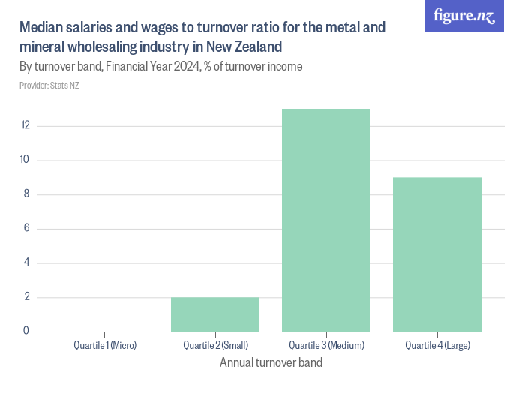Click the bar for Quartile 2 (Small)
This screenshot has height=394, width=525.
tap(215, 314)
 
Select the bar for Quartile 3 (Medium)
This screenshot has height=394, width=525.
tap(326, 220)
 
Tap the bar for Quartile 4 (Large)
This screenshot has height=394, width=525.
tap(437, 254)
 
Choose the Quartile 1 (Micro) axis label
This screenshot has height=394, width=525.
tap(104, 346)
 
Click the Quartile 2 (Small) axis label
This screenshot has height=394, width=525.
tap(215, 346)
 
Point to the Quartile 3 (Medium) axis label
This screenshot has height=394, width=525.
tap(326, 346)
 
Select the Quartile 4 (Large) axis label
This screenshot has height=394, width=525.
tap(437, 346)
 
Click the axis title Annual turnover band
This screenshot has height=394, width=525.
tap(271, 363)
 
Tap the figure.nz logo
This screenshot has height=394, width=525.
tap(465, 17)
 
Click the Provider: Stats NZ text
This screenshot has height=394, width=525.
tap(49, 86)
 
